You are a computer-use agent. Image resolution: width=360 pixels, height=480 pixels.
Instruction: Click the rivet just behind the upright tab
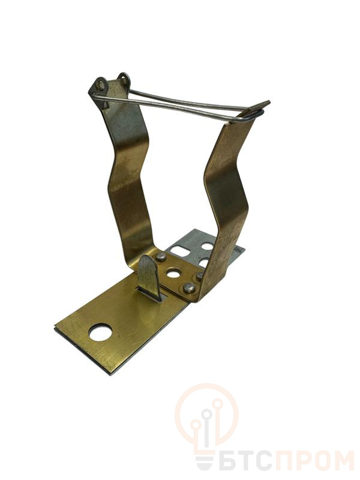161,257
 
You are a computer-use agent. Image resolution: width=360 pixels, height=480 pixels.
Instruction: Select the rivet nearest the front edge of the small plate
188,288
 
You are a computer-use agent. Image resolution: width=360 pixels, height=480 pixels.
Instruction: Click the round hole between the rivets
173,273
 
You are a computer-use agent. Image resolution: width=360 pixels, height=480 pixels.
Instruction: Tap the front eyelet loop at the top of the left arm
100,84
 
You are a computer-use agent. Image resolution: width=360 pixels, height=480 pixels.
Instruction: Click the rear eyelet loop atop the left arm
124,79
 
